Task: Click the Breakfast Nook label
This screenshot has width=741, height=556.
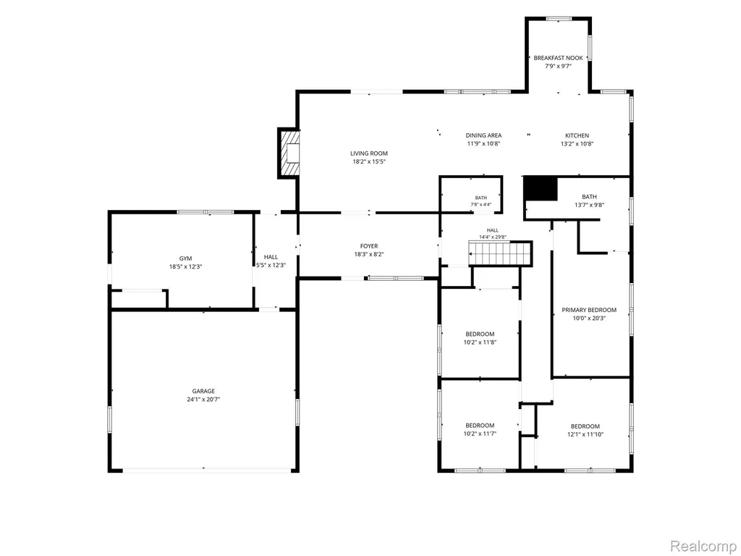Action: (x=558, y=58)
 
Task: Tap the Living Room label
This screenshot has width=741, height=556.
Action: (x=369, y=153)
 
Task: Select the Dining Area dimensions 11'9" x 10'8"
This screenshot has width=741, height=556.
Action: (x=483, y=144)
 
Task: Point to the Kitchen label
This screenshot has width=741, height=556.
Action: (x=577, y=135)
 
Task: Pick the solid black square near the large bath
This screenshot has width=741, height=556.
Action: (x=541, y=188)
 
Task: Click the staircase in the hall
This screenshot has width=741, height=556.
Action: (x=501, y=253)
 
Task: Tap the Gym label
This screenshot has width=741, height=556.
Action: (x=185, y=258)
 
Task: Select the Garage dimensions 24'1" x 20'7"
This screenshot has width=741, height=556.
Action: (x=203, y=400)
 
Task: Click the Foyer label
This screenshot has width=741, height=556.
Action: (x=369, y=246)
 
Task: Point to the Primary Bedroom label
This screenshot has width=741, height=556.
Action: (x=589, y=310)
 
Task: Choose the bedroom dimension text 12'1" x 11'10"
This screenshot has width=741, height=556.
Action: (x=585, y=434)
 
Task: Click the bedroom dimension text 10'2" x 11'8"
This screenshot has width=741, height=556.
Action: (x=480, y=342)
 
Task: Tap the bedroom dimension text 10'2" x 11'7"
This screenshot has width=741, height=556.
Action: (x=480, y=434)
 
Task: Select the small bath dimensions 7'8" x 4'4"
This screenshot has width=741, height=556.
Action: (x=481, y=205)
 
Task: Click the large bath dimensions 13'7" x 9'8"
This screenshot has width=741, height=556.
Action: (x=589, y=205)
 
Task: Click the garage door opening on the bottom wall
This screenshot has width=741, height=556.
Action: (x=206, y=470)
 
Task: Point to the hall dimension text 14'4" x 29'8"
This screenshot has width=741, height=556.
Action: (x=492, y=237)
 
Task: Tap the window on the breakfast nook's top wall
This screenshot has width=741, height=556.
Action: (x=559, y=18)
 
